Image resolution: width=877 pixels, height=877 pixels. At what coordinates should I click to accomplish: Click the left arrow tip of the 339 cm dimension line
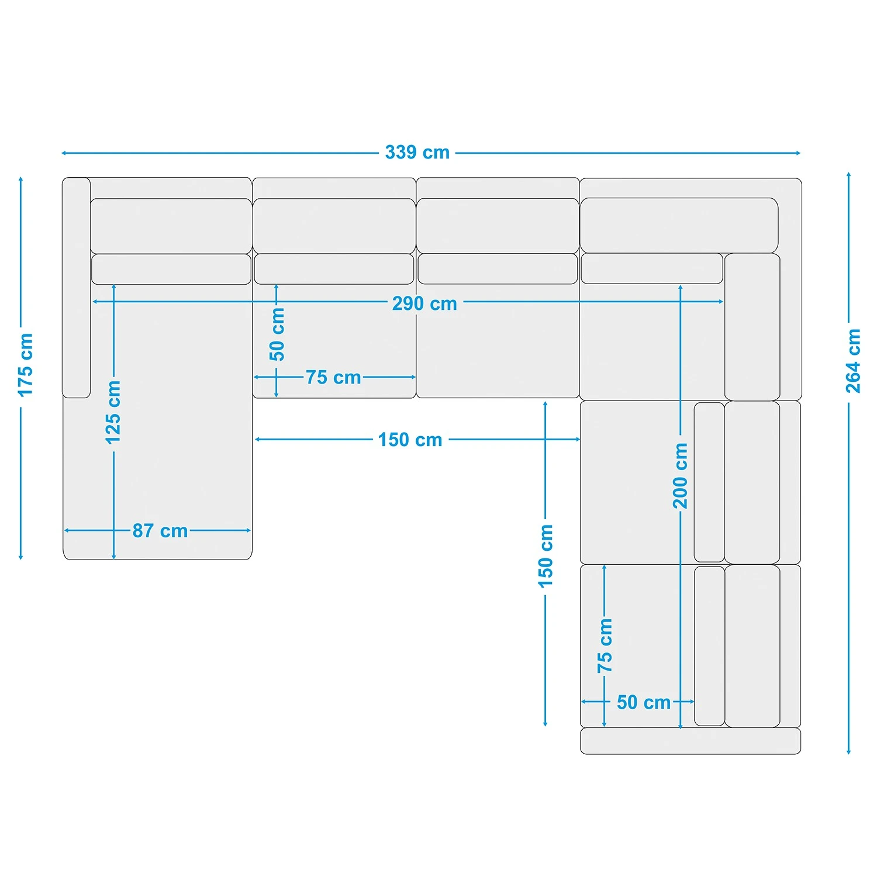pos(62,153)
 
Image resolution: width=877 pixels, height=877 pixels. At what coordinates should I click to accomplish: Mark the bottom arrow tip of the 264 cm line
pos(848,754)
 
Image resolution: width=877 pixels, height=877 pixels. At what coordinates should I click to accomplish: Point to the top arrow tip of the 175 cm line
pos(21,177)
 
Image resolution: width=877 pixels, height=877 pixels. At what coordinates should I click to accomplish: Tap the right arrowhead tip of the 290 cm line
pos(724,302)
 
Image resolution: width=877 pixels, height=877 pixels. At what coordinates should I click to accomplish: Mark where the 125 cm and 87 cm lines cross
pos(114,530)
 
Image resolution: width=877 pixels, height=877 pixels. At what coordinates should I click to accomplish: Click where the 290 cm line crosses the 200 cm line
pos(681,302)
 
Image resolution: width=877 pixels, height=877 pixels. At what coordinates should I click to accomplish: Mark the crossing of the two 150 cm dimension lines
pos(545,439)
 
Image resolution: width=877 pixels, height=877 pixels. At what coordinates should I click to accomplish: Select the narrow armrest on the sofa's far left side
pos(77,288)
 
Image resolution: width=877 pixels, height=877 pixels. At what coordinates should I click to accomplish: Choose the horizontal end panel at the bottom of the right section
pos(690,741)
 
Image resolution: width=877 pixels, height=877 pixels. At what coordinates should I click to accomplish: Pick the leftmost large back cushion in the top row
pos(171,226)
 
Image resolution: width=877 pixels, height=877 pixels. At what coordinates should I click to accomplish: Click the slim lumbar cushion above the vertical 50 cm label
pos(334,269)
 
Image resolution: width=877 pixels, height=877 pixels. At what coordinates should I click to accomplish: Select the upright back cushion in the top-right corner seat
pos(752,327)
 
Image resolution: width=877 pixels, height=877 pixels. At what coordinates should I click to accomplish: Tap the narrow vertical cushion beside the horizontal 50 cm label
pos(709,646)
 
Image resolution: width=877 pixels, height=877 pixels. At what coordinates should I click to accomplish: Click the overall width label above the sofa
pos(417,153)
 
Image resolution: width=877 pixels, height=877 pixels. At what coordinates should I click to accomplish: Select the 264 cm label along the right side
pos(854,361)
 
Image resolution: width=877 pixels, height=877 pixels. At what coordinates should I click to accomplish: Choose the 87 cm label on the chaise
pos(160,531)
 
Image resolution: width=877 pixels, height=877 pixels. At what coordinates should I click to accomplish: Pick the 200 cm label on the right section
pos(681,476)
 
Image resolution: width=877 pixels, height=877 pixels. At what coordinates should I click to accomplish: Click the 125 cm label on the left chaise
pos(113,412)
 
